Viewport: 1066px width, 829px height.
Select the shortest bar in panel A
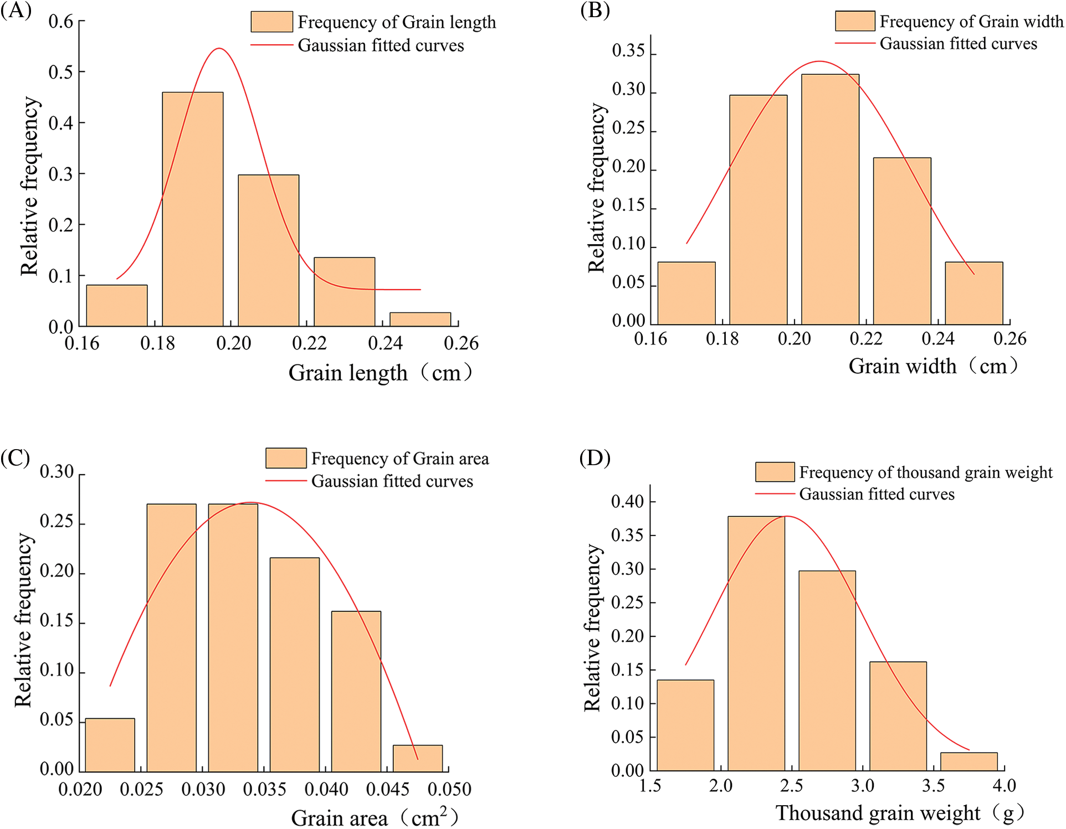pos(420,320)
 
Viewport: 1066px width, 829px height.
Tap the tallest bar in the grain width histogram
pos(830,199)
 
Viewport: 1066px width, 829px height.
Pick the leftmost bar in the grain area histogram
pos(110,745)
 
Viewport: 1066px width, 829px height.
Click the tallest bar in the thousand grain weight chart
pos(756,643)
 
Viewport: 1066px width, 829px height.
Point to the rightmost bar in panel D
pos(968,761)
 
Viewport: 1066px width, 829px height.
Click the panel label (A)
pos(16,11)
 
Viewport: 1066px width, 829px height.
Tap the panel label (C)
pos(16,458)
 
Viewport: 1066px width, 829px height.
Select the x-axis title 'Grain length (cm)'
pos(381,373)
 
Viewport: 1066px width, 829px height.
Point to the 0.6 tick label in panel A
pos(60,22)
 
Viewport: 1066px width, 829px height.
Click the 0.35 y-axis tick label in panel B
pos(628,51)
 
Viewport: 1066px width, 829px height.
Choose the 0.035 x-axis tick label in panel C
pos(264,789)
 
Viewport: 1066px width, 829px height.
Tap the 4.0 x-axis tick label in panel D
pos(1004,785)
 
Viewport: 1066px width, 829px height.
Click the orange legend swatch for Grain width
pos(855,21)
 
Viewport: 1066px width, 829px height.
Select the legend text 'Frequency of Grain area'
pos(399,459)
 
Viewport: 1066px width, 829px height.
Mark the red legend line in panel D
pos(775,493)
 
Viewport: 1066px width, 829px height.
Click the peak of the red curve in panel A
pos(219,49)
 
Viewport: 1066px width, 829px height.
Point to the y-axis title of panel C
pos(23,620)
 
